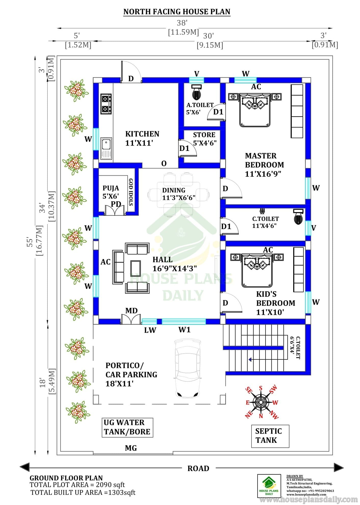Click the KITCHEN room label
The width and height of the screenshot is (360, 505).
pos(142,134)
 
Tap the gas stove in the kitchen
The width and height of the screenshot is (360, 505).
pos(106,104)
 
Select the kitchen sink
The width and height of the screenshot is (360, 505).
pos(106,149)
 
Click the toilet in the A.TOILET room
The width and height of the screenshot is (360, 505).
pos(196,93)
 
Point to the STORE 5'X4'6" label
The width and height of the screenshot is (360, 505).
pos(204,139)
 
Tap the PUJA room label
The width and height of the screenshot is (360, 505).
pos(111,188)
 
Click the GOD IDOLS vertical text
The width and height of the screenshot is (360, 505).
pos(131,192)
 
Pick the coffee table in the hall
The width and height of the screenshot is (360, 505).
pos(136,268)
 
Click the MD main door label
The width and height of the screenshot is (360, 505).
pos(131,310)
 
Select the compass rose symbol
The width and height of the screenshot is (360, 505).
pos(261,402)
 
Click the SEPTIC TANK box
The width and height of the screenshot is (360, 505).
pos(270,436)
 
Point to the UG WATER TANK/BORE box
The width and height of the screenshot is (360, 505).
pos(127,428)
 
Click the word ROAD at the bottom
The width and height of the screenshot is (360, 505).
pos(198,468)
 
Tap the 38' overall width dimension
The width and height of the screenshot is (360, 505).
pos(182,23)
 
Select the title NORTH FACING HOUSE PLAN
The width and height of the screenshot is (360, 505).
pos(177,12)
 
